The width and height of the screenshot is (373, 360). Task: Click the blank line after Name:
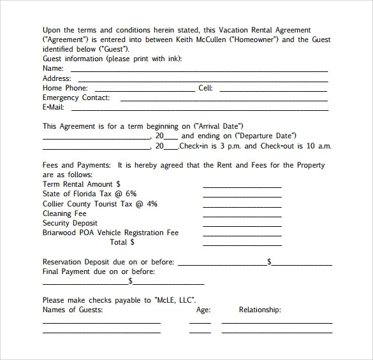pyautogui.click(x=199, y=70)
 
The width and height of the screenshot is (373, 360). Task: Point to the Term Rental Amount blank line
pyautogui.click(x=242, y=187)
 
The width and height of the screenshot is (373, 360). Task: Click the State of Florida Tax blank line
pyautogui.click(x=242, y=197)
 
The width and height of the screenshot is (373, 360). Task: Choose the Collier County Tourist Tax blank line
pyautogui.click(x=242, y=206)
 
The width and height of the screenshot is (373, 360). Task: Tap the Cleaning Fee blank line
pyautogui.click(x=242, y=216)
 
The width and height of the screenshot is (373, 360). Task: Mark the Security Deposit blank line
pyautogui.click(x=242, y=226)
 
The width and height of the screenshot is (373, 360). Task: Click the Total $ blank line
pyautogui.click(x=242, y=245)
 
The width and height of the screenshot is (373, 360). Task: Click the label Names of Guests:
pyautogui.click(x=72, y=310)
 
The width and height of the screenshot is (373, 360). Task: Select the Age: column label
pyautogui.click(x=203, y=310)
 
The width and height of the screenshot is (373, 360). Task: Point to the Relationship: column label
pyautogui.click(x=260, y=310)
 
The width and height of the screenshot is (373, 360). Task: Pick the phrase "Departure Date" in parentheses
pyautogui.click(x=266, y=136)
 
